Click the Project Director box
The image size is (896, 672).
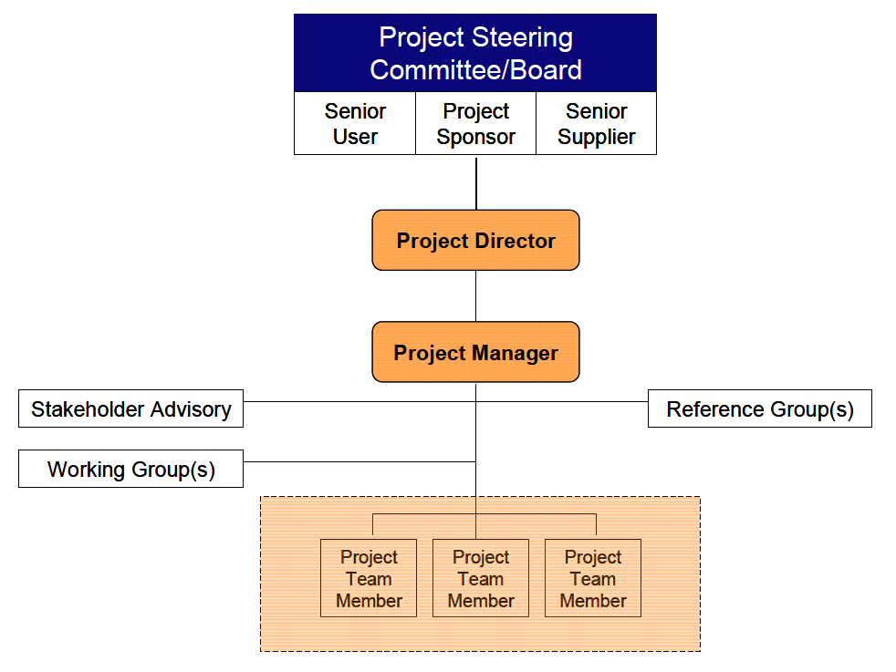coord(475,240)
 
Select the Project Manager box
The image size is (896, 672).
coord(475,352)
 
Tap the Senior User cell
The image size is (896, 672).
coord(355,123)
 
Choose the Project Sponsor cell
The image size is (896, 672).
coord(475,123)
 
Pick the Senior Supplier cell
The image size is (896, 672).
coord(596,123)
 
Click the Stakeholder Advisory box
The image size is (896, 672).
coord(130,408)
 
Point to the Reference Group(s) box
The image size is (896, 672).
coord(760,408)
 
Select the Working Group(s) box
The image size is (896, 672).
coord(130,469)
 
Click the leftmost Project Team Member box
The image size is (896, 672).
coord(369,578)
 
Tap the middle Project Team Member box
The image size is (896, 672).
coord(481,578)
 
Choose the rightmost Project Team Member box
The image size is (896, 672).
coord(593,578)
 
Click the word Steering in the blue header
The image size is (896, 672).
coord(522,38)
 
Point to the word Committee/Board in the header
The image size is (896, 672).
coord(475,70)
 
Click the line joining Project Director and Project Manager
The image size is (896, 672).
coord(476,295)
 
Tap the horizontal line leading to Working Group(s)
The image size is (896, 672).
coord(359,461)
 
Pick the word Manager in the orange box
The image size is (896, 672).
coord(515,353)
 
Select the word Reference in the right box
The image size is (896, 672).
coord(715,408)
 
